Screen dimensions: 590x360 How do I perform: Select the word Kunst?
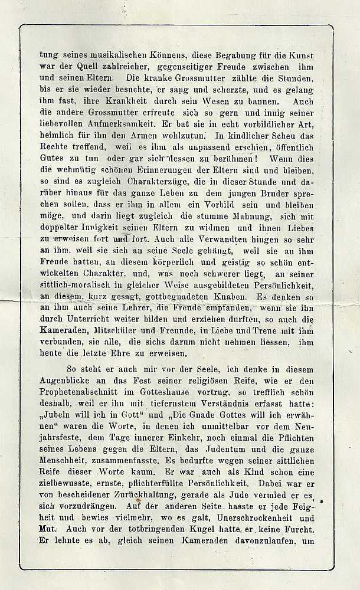tap(308, 54)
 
